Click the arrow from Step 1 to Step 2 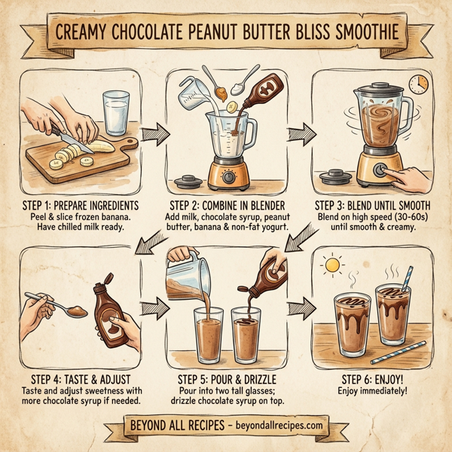pos(154,136)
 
